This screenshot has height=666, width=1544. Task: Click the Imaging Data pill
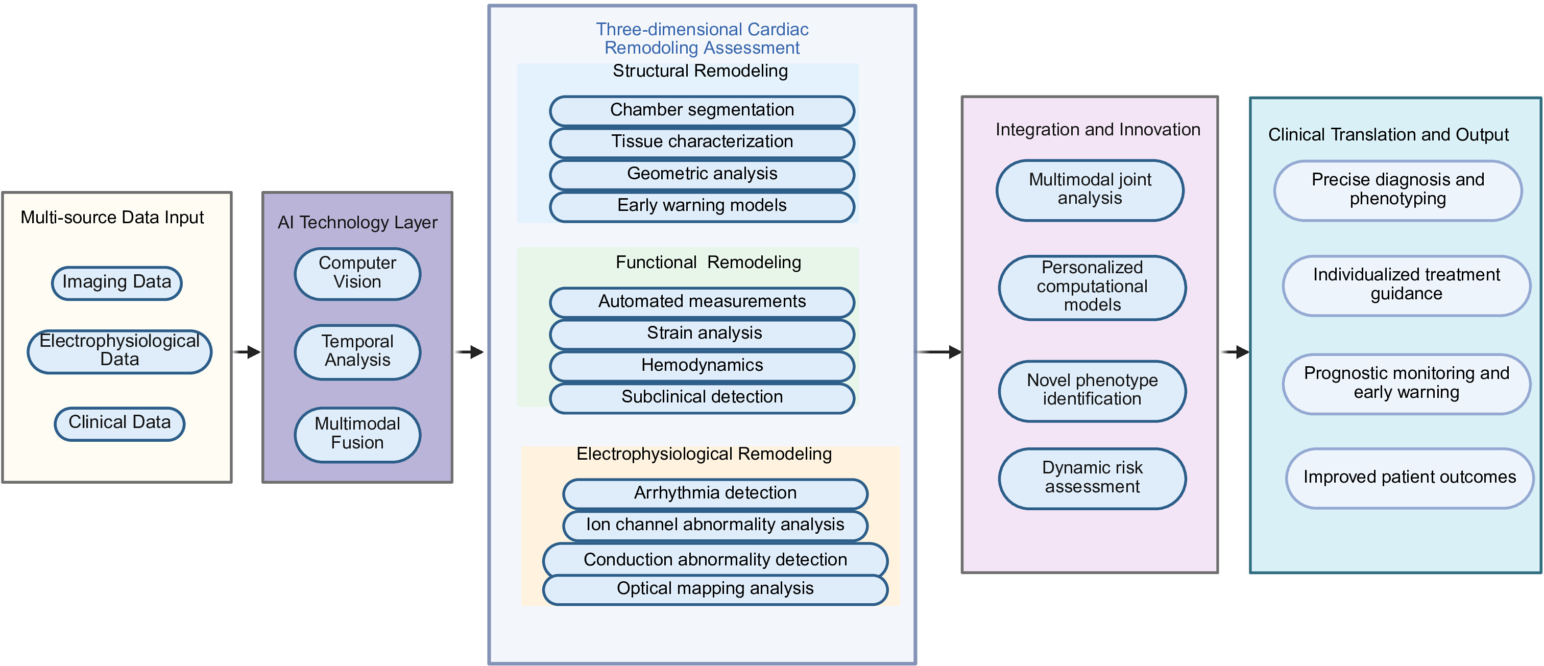click(x=117, y=283)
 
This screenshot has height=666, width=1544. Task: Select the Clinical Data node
click(x=119, y=424)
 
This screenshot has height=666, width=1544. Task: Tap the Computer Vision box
click(x=357, y=273)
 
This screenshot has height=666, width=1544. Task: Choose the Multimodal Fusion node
click(x=357, y=435)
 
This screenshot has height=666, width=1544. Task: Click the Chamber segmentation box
click(x=702, y=111)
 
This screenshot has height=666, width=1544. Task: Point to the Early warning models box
click(x=702, y=207)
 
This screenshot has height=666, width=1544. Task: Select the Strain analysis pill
click(x=702, y=335)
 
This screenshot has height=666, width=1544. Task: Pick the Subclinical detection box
click(x=702, y=398)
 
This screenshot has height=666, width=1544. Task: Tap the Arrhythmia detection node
click(x=715, y=494)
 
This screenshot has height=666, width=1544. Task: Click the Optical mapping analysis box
click(x=715, y=590)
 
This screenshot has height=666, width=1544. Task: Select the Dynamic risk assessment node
click(x=1092, y=479)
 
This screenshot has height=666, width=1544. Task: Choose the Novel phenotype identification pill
click(x=1092, y=391)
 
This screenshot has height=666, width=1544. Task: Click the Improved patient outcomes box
click(x=1409, y=478)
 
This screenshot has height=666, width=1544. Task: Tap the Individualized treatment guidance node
click(x=1406, y=286)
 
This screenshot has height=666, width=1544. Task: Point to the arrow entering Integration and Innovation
click(x=939, y=352)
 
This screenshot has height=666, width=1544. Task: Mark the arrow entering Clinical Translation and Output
click(x=1235, y=352)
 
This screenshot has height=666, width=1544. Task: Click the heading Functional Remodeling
click(x=708, y=263)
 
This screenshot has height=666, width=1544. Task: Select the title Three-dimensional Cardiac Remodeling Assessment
click(x=702, y=38)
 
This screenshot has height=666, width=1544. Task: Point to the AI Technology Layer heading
click(x=357, y=222)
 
